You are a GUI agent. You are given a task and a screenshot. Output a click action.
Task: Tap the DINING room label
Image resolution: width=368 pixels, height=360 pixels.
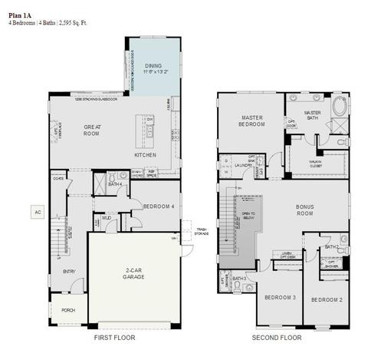tap(153, 66)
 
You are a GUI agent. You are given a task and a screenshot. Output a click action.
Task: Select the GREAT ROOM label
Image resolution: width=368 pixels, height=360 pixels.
tap(92, 130)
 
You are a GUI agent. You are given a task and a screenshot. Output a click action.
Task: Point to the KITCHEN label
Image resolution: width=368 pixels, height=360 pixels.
tap(145, 155)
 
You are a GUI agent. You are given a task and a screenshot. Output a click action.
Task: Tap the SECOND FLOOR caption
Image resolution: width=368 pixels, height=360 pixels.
tap(277, 337)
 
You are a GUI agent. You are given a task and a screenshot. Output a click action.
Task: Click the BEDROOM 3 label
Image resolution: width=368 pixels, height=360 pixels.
tap(280, 297)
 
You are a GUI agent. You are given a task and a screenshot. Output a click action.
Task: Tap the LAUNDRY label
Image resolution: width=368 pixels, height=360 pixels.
tap(244, 164)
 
